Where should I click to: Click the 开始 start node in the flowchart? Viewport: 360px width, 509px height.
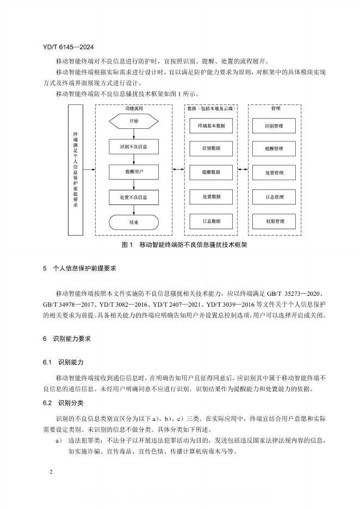[x=134, y=121]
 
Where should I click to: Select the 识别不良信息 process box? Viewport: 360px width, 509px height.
[x=134, y=147]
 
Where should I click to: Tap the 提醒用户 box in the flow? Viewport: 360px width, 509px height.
[x=134, y=172]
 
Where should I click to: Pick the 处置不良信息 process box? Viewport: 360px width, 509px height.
[x=134, y=197]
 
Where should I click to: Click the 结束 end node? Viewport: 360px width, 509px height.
[x=134, y=222]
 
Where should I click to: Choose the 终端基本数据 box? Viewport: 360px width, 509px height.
[x=211, y=126]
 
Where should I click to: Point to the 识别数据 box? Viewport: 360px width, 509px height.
[x=211, y=148]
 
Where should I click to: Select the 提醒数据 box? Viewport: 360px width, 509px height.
[x=211, y=172]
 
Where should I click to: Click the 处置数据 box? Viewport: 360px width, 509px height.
[x=211, y=196]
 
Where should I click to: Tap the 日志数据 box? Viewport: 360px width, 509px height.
[x=211, y=221]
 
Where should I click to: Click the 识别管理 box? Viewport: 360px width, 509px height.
[x=274, y=126]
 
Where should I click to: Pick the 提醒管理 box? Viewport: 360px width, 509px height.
[x=274, y=148]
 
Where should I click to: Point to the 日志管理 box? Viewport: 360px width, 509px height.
[x=274, y=196]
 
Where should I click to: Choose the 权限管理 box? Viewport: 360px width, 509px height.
[x=274, y=221]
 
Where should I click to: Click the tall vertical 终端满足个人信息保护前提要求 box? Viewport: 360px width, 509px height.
[x=76, y=170]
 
